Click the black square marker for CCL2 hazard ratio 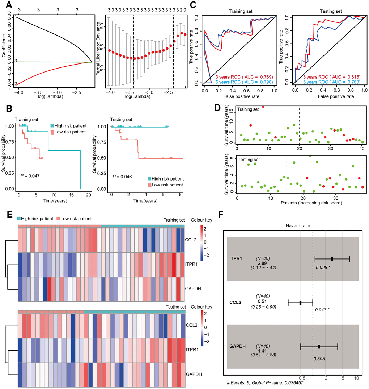(x=300, y=303)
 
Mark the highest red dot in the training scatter (x=263, y=106)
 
